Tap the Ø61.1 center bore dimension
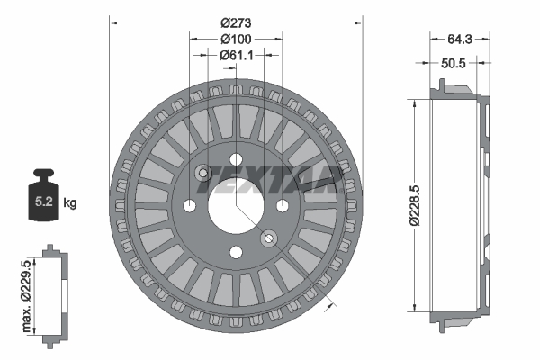(236, 55)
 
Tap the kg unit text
(71, 202)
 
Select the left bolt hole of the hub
(191, 206)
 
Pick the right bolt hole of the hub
(283, 206)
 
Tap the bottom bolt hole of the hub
(237, 252)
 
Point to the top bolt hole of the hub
(237, 160)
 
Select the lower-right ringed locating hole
(268, 238)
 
